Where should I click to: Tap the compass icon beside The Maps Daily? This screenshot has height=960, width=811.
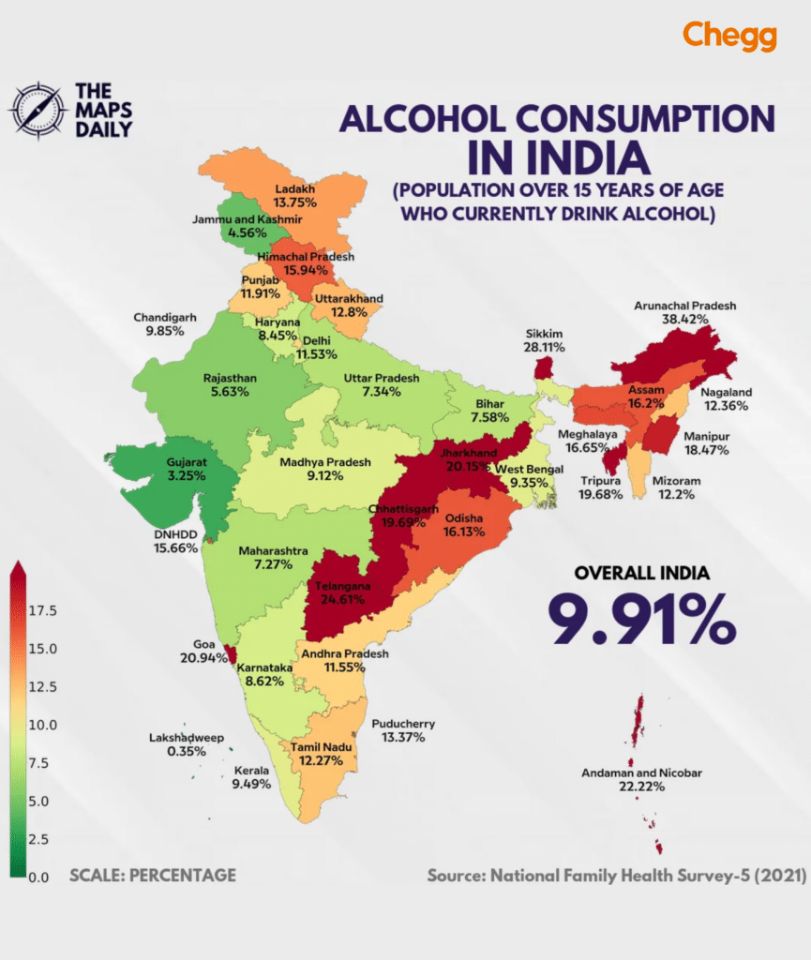pyautogui.click(x=37, y=111)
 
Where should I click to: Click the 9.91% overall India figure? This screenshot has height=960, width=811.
pyautogui.click(x=641, y=618)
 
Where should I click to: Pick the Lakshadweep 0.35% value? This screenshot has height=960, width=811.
pyautogui.click(x=187, y=751)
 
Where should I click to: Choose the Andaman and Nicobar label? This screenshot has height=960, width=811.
pyautogui.click(x=641, y=773)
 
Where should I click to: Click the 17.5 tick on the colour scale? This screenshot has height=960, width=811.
pyautogui.click(x=43, y=611)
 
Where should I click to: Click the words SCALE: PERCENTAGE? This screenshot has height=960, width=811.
pyautogui.click(x=152, y=876)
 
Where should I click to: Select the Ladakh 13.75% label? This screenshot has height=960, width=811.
pyautogui.click(x=294, y=194)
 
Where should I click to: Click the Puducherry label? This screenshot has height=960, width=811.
pyautogui.click(x=403, y=724)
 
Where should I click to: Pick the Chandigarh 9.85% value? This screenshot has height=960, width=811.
pyautogui.click(x=165, y=331)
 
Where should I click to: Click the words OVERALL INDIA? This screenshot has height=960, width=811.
pyautogui.click(x=642, y=573)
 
